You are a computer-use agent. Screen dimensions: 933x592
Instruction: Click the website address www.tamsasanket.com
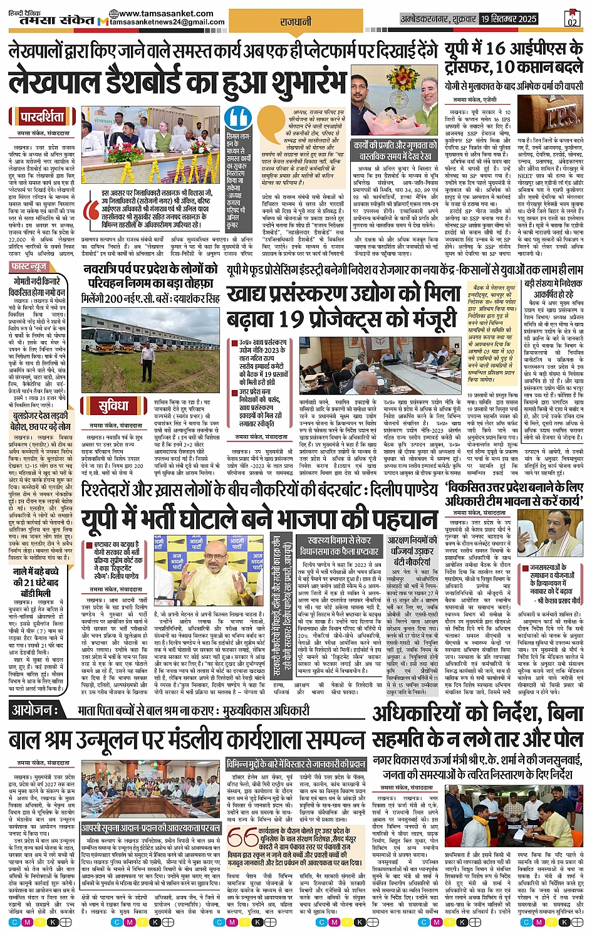tap(165, 13)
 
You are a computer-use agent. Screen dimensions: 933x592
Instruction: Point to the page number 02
tap(571, 19)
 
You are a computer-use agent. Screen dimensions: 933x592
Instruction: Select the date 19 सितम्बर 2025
tap(509, 19)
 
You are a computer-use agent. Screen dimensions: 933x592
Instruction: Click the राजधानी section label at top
tap(296, 22)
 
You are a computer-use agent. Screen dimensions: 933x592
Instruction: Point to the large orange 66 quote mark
tap(242, 838)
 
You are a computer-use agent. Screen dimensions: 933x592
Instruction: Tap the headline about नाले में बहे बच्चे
tap(36, 577)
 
